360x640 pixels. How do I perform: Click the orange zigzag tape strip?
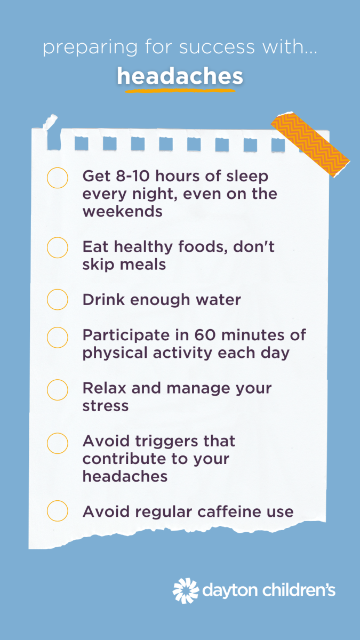point(310,145)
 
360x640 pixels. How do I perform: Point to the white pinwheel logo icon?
point(186,590)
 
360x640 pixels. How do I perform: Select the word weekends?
point(123,211)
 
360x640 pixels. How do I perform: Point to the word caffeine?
point(229,511)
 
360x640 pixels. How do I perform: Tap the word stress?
point(106,406)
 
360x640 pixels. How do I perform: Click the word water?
point(218,300)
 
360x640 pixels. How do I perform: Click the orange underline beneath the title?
point(180,91)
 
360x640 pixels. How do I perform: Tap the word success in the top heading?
point(217,47)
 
